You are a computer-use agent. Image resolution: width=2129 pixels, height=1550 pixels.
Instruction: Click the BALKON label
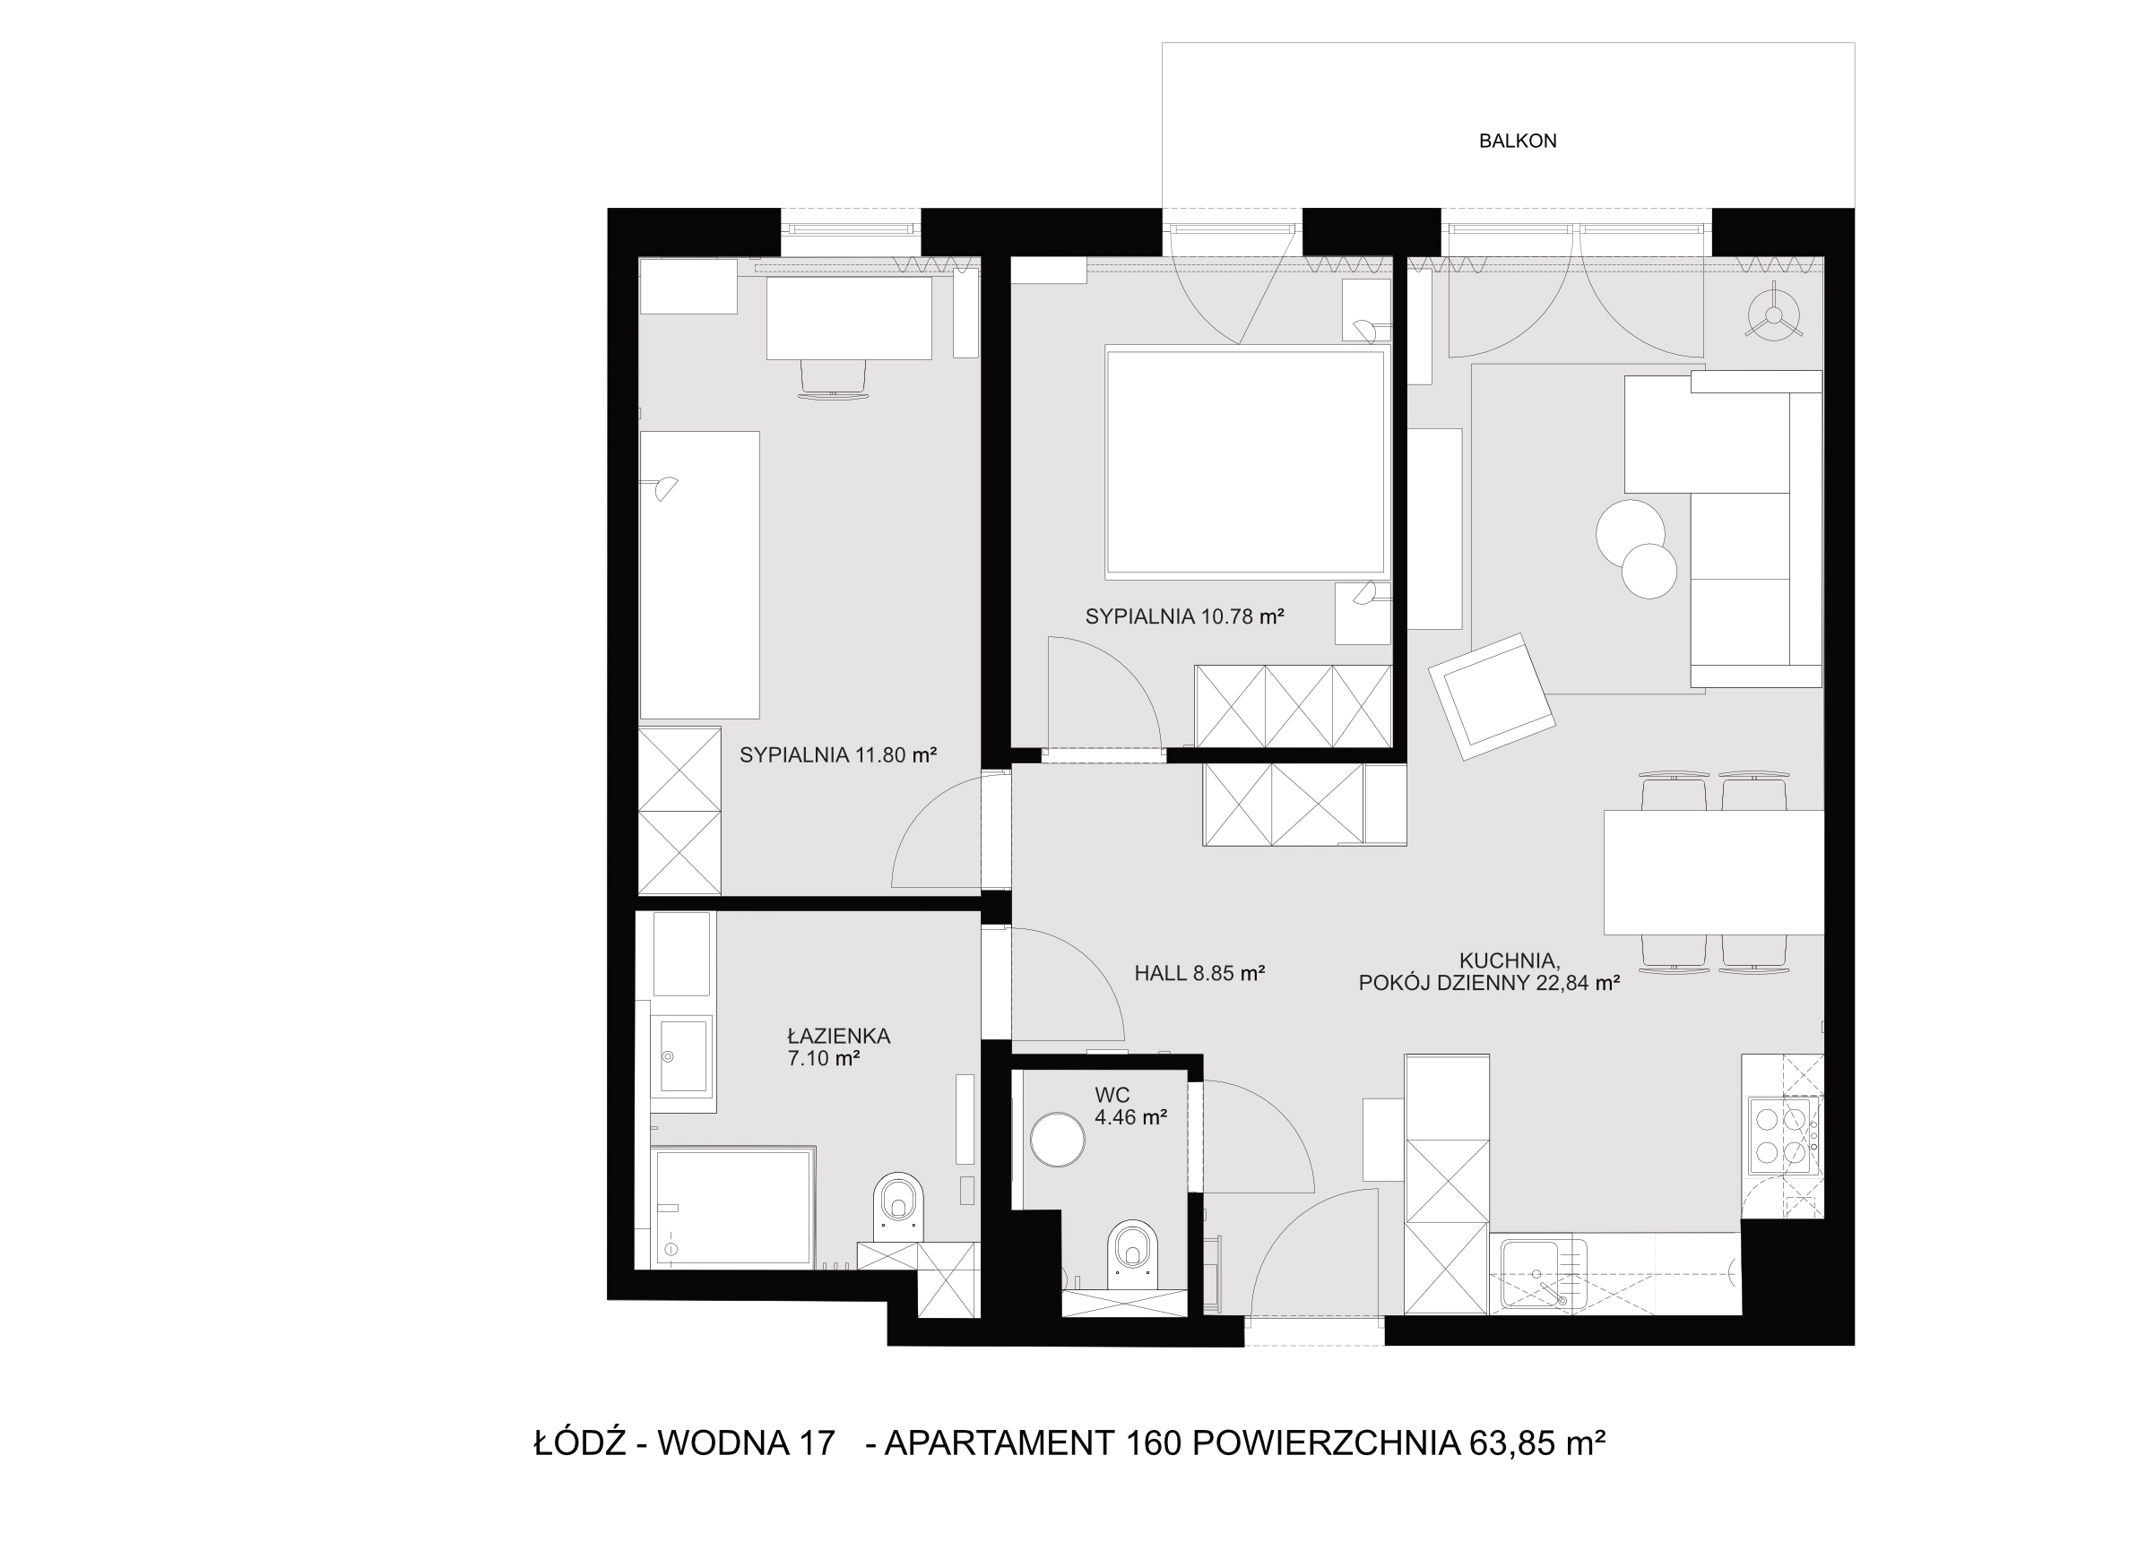[1518, 141]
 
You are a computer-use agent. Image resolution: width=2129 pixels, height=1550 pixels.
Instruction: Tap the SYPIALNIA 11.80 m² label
[838, 754]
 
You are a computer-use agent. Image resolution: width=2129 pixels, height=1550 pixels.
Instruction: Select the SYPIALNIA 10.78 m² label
[1185, 616]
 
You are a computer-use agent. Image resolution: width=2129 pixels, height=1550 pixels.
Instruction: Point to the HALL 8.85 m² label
[1199, 973]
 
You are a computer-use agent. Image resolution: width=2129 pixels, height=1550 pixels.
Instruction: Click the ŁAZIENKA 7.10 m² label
[838, 1047]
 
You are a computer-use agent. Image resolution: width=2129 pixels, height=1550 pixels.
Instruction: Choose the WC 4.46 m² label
[1130, 1106]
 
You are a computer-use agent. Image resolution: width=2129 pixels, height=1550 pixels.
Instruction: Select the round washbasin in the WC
[1058, 1139]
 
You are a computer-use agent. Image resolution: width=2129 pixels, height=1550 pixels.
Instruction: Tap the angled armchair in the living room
[1492, 695]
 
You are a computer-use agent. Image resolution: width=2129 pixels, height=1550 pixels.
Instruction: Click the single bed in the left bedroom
[699, 574]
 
